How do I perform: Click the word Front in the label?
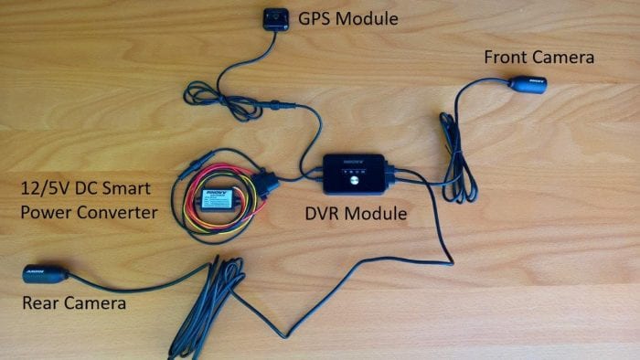pyautogui.click(x=506, y=58)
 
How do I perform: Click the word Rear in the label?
pyautogui.click(x=43, y=302)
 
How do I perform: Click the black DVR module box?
pyautogui.click(x=357, y=175)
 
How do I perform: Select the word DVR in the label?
pyautogui.click(x=323, y=215)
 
